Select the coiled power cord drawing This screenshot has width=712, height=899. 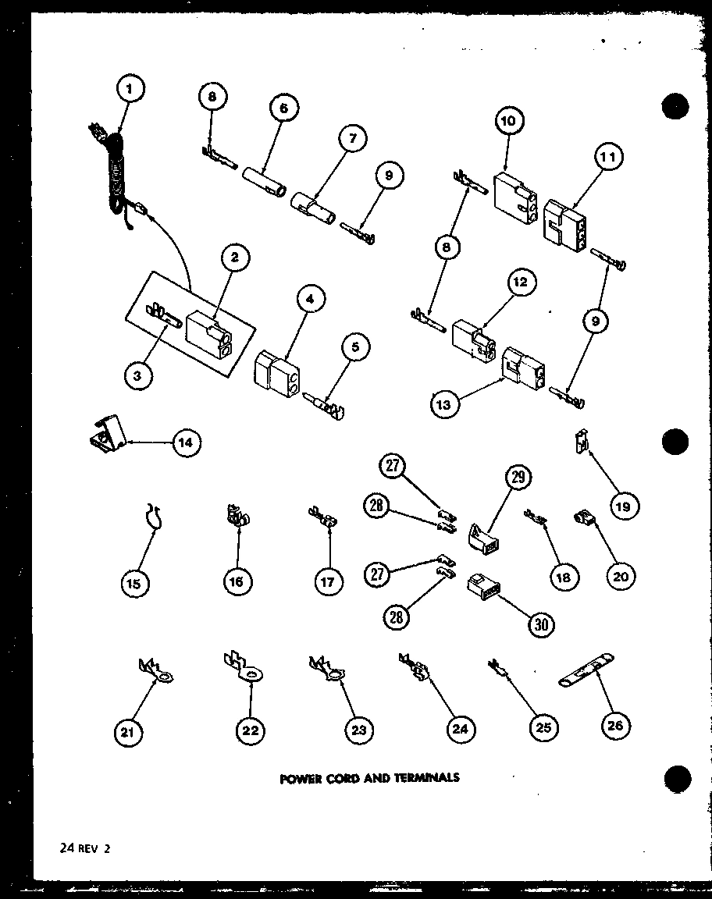point(115,176)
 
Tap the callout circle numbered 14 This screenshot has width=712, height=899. point(185,442)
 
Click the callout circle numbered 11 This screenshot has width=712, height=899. point(607,158)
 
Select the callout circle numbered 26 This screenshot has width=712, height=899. point(615,726)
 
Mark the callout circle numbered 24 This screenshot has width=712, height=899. point(458,728)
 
